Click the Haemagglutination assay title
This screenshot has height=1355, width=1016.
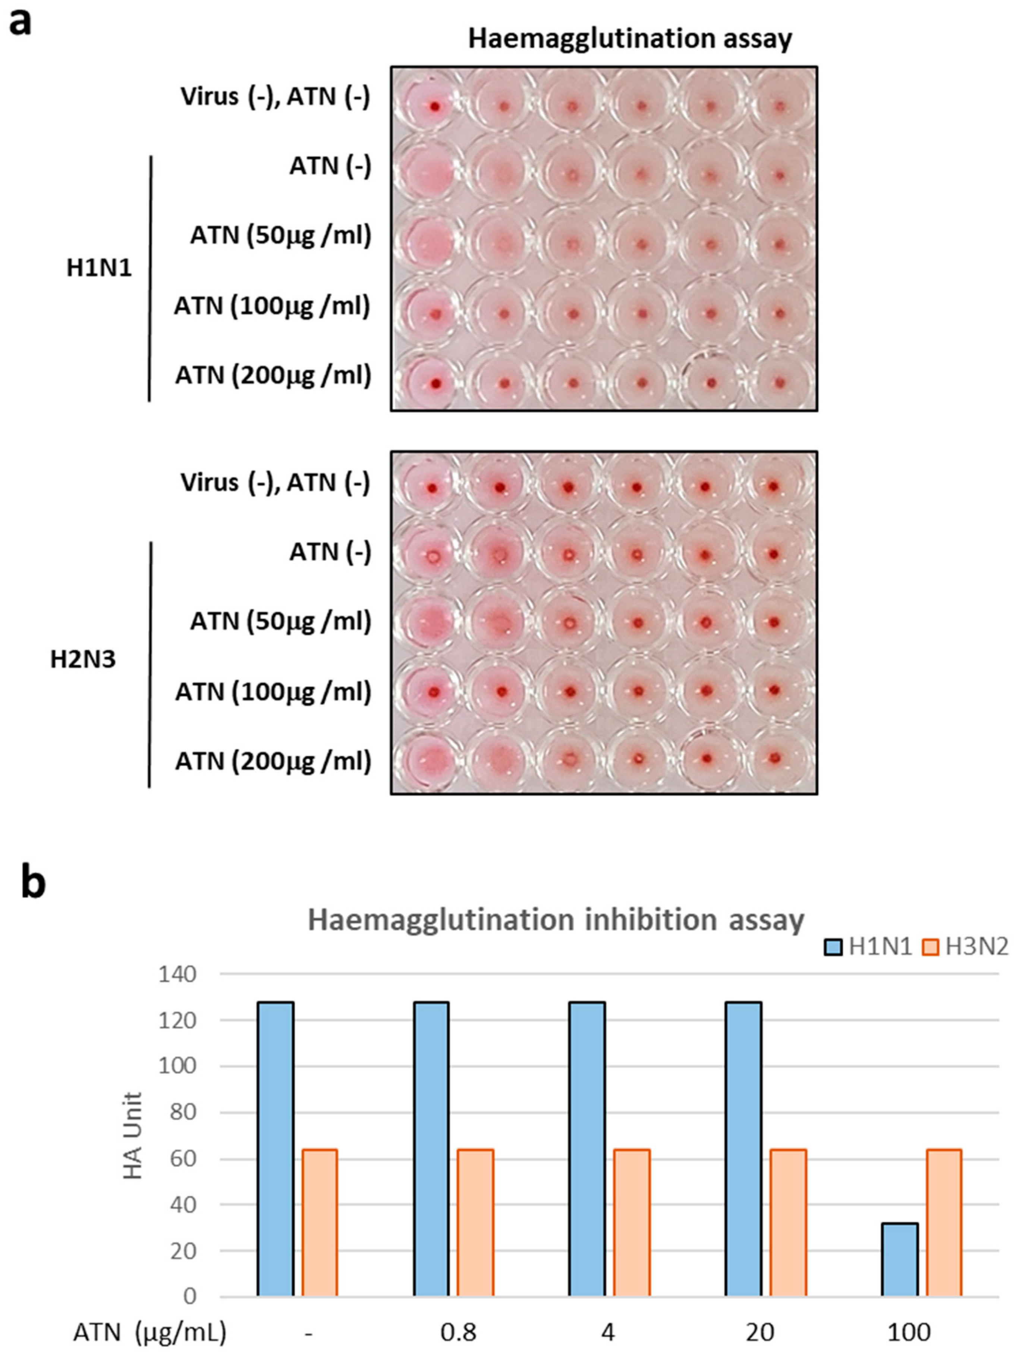(630, 38)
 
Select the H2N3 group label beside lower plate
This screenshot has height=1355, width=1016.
(83, 660)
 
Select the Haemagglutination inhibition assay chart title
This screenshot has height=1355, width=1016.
(556, 920)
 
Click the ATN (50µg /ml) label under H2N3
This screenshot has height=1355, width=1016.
(280, 621)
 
